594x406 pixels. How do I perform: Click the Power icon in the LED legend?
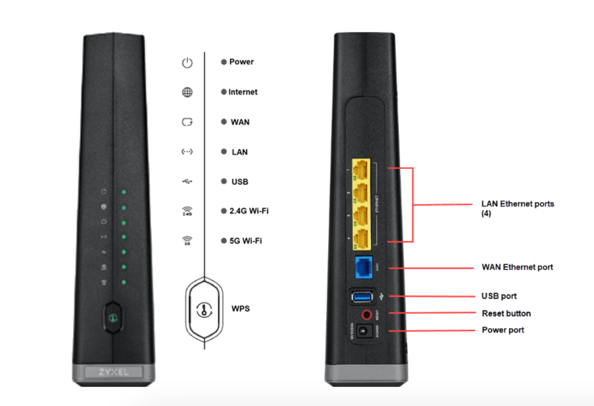(187, 63)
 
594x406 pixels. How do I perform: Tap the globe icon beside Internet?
(187, 92)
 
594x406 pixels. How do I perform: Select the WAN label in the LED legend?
(240, 122)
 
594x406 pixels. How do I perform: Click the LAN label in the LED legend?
(240, 152)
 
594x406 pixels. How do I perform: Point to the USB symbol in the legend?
(187, 181)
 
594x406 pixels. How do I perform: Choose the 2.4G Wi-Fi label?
(248, 211)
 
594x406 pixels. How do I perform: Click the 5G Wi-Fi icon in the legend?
(187, 241)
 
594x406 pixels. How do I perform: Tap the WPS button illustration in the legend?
(204, 309)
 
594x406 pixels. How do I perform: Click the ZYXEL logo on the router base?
(113, 372)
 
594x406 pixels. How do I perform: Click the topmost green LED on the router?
(124, 192)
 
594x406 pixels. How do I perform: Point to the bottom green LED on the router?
(124, 282)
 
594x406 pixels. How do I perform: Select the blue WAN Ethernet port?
(364, 267)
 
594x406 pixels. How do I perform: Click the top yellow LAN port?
(361, 169)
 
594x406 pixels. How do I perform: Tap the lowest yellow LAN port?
(361, 239)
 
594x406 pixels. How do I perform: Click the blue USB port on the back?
(362, 297)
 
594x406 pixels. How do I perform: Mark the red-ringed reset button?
(366, 315)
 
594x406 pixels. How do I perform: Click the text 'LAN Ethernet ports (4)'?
(517, 208)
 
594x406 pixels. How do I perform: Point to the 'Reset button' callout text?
(506, 313)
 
